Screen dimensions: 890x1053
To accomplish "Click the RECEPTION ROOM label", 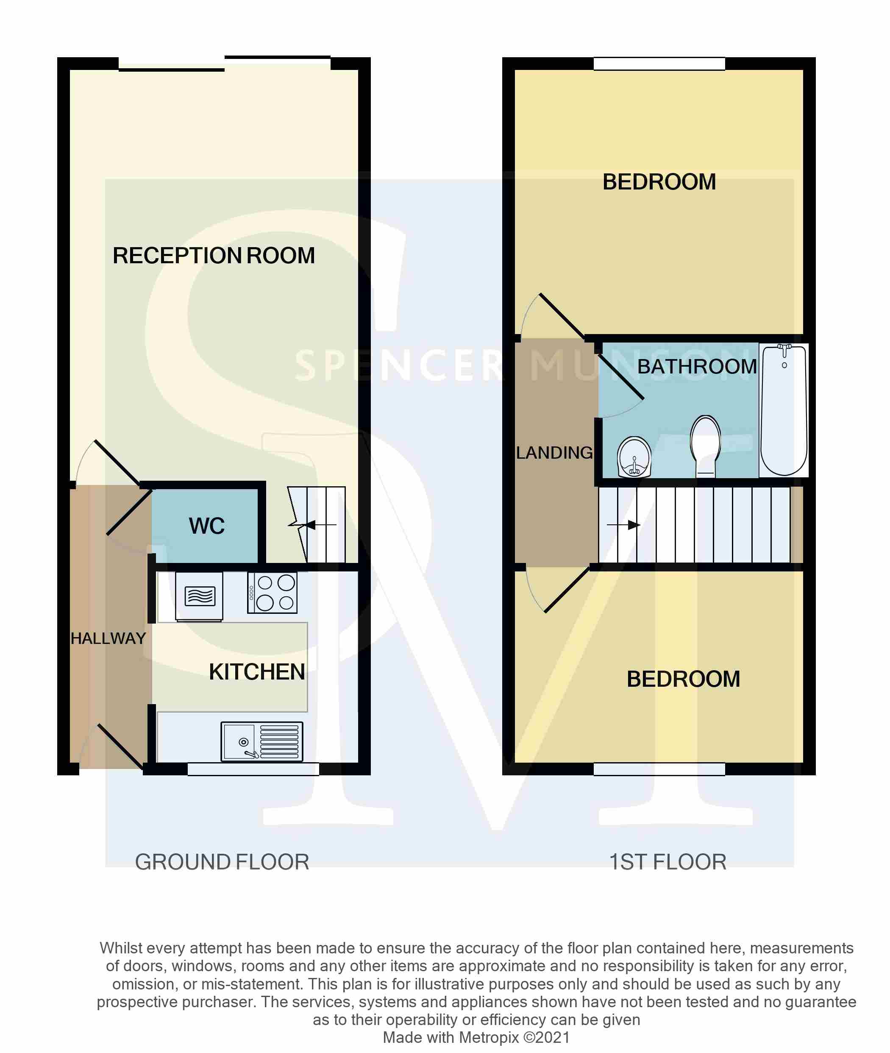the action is click(214, 256).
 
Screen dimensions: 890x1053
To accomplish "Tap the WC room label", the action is click(207, 526).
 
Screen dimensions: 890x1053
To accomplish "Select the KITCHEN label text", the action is click(257, 672).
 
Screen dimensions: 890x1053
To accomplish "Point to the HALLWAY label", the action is click(108, 639).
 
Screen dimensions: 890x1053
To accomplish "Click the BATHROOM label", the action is click(697, 367).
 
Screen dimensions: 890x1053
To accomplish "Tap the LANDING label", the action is click(554, 453).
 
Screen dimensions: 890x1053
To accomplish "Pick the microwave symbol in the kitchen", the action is click(199, 596).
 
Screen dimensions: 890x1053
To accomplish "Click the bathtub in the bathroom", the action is click(784, 409).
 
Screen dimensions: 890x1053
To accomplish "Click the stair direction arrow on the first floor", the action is click(623, 525).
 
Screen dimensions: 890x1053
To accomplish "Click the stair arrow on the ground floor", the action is click(321, 525).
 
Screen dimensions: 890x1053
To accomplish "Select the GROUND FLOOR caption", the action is click(222, 862).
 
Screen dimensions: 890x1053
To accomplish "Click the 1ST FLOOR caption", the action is click(668, 862).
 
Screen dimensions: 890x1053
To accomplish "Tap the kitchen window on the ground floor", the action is click(253, 769).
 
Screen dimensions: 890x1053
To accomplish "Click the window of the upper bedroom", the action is click(659, 64).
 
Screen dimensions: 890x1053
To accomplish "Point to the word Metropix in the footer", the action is click(489, 1038).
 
